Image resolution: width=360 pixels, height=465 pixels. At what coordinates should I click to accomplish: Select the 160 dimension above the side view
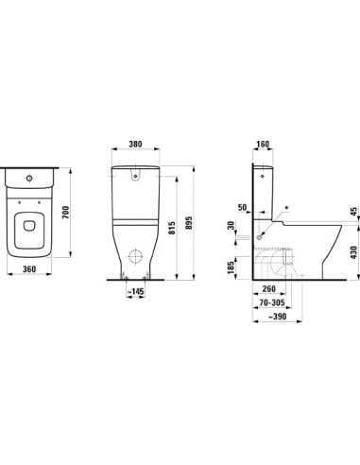click(x=262, y=146)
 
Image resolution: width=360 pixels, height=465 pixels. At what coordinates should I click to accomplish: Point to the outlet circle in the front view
click(x=134, y=257)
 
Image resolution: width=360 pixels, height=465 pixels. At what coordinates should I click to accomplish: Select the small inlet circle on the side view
click(x=259, y=240)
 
